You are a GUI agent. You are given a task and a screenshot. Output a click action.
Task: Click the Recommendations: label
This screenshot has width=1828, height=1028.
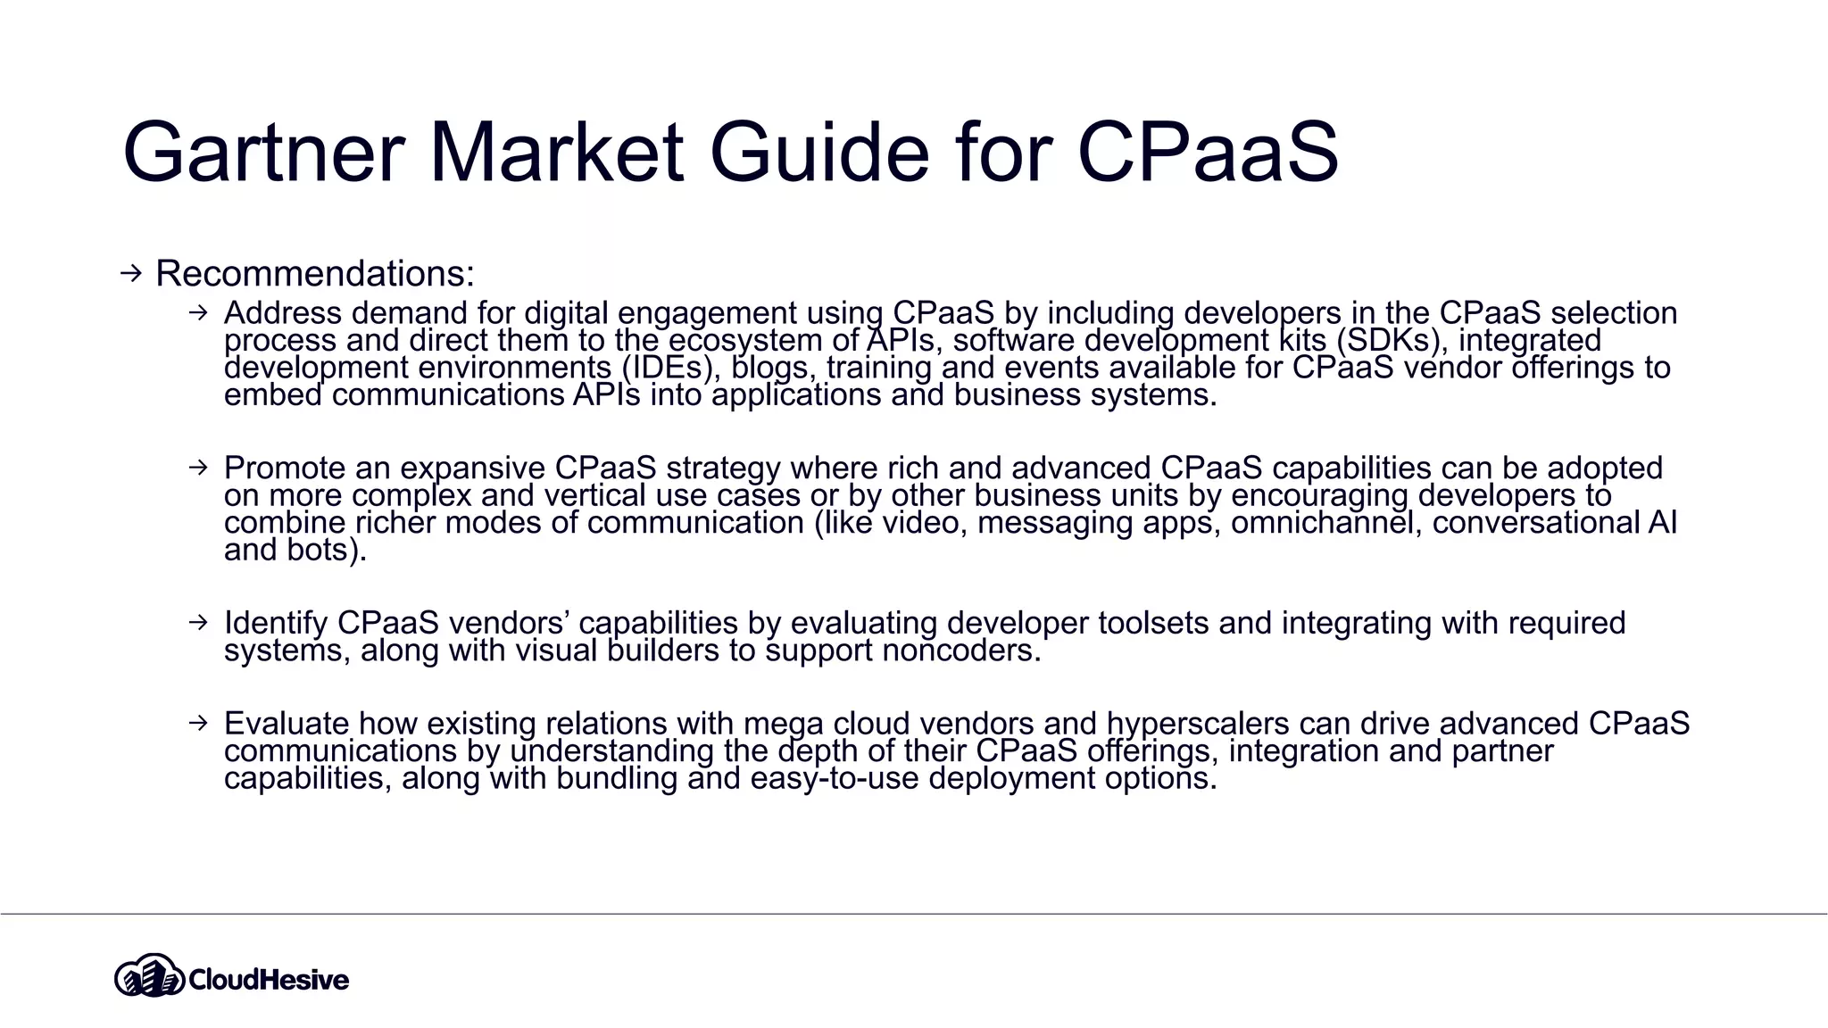pos(314,273)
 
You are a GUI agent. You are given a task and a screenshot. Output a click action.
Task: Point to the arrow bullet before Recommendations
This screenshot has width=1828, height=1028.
pos(131,273)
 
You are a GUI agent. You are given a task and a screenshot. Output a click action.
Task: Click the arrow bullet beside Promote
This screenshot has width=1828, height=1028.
pos(198,467)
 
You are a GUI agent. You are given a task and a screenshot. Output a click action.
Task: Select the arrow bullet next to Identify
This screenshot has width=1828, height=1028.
pos(198,622)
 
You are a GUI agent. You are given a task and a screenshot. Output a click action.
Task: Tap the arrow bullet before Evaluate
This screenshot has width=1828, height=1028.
pos(198,722)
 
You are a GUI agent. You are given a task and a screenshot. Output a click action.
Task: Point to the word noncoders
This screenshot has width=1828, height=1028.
pos(961,651)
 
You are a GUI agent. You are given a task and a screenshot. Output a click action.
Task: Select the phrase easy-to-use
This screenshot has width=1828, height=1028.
pos(835,778)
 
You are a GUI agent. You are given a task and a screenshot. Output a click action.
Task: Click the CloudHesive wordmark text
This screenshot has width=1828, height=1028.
pos(269,980)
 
